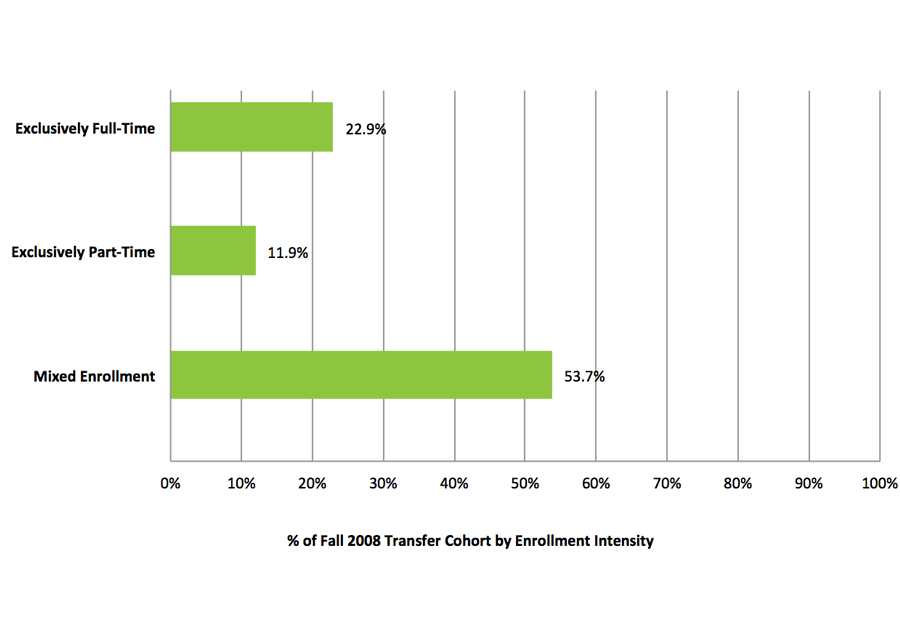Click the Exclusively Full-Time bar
click(251, 127)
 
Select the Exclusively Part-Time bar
click(213, 251)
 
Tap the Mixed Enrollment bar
click(361, 376)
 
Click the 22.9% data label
click(366, 129)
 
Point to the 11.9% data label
click(288, 253)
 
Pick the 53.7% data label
click(585, 377)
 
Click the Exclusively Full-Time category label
click(85, 128)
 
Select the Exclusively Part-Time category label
click(83, 252)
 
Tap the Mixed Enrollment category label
click(94, 377)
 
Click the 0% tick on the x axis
click(170, 484)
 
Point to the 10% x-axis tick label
click(241, 484)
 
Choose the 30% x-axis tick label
click(383, 484)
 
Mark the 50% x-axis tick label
click(525, 484)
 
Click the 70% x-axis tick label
click(667, 484)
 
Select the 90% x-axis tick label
click(809, 484)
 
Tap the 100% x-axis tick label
click(879, 484)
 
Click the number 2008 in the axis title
click(359, 541)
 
